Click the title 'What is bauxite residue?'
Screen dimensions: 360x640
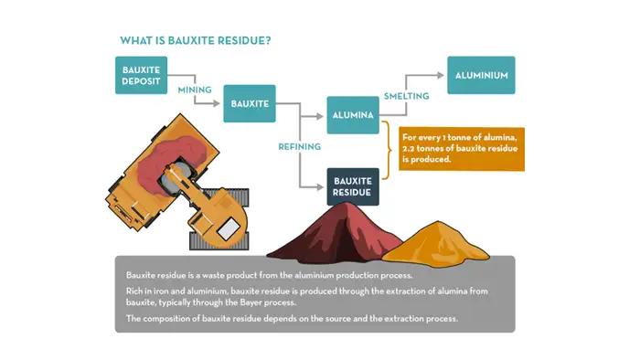click(196, 41)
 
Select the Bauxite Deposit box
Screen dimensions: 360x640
click(142, 77)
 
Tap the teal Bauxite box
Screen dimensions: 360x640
click(249, 103)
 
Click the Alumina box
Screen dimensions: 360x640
click(352, 116)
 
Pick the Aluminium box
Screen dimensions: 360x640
click(480, 75)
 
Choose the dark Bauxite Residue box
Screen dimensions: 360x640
click(352, 185)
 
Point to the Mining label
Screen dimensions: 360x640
click(194, 90)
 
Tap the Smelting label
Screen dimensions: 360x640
click(405, 95)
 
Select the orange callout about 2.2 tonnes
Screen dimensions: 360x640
click(460, 148)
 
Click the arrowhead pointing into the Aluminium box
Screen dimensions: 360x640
click(442, 75)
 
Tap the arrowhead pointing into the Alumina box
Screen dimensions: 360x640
click(323, 116)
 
